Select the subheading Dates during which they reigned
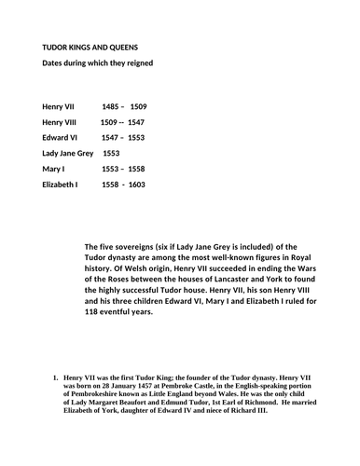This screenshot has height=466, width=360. coord(97,63)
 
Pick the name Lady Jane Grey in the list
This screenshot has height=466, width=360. coord(69,153)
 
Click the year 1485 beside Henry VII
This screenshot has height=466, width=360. coord(112,106)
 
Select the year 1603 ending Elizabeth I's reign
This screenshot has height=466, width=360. coord(136,185)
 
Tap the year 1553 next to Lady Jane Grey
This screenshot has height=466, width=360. coord(110,153)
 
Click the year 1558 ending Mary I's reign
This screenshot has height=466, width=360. coord(137,169)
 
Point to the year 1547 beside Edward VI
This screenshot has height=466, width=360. coord(112,137)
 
